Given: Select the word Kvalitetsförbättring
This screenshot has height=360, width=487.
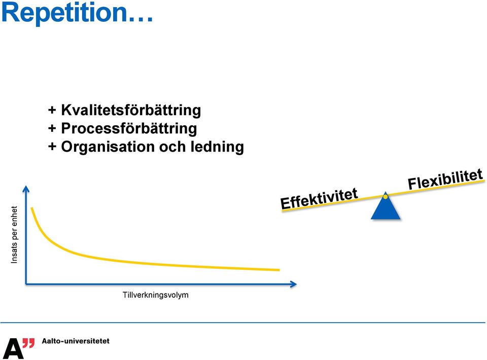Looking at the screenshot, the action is point(131,110).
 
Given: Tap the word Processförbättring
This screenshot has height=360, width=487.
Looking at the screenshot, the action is point(129,128).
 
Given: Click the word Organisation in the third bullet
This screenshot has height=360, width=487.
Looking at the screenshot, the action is point(108,147).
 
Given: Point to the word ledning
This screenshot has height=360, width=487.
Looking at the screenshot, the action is point(217,147).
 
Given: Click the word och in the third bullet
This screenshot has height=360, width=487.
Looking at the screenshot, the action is point(172,147).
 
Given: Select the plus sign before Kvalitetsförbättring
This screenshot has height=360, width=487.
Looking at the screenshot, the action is point(52,110).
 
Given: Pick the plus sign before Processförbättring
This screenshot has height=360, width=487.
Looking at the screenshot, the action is point(52,128).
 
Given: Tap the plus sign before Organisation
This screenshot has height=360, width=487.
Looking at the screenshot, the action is point(52,147).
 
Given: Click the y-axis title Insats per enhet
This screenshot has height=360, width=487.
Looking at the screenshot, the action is point(14,235).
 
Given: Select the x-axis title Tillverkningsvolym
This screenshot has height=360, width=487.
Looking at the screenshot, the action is point(156,295).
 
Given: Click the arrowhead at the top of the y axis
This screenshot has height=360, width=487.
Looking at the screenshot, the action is point(26,189).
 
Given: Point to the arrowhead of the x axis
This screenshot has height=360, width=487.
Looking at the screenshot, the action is point(294,284).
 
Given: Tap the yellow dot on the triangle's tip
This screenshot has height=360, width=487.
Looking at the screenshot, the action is point(386,197).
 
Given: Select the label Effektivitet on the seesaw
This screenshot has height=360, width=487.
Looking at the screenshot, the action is point(319,199).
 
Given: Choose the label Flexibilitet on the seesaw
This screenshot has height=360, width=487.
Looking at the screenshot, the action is point(445,179).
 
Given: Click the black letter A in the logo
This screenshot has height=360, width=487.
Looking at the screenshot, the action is point(13,348).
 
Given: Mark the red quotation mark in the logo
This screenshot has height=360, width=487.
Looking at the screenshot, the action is point(29,343).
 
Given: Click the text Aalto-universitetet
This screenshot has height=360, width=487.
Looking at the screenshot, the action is point(76,341).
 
